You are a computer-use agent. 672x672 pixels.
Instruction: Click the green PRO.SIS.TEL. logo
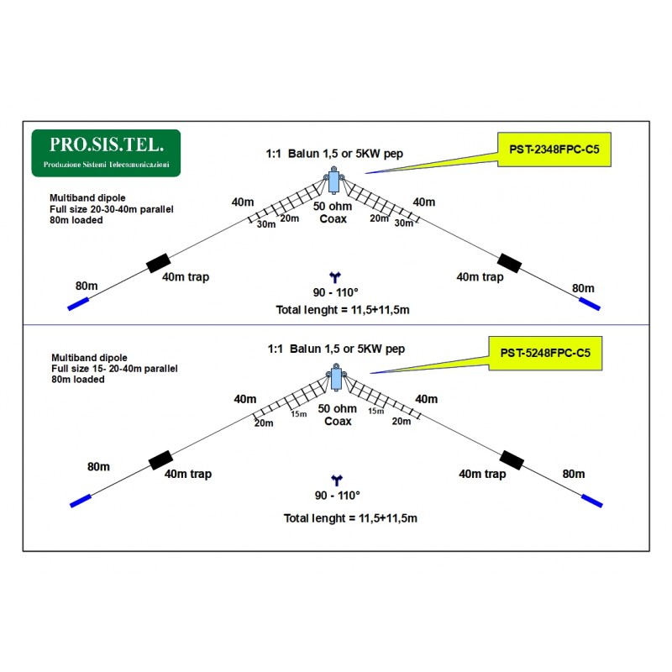click(x=106, y=153)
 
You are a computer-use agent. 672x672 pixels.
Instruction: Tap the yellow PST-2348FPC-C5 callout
click(x=554, y=150)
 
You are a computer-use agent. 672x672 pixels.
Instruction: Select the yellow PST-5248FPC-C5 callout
click(x=545, y=353)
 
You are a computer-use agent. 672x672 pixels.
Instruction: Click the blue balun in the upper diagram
click(x=333, y=181)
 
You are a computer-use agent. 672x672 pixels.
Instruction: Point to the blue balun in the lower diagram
click(x=336, y=377)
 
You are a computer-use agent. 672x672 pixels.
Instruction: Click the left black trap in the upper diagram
click(x=159, y=263)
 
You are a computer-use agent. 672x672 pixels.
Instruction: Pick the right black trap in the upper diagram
click(x=510, y=263)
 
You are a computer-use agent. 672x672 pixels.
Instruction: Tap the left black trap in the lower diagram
click(x=160, y=460)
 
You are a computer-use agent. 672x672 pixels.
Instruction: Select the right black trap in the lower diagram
click(x=512, y=460)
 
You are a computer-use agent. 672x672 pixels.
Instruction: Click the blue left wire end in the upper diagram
click(x=78, y=304)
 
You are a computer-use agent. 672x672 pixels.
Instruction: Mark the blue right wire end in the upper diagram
click(x=590, y=304)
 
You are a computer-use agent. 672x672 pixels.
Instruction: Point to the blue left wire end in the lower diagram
click(x=81, y=501)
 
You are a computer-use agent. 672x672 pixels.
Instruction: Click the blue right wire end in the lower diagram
click(x=592, y=501)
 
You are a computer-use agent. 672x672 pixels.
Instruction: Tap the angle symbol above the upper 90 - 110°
click(x=334, y=277)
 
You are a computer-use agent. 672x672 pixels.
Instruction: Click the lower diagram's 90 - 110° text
click(x=338, y=496)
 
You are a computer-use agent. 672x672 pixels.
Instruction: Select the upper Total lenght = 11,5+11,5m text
click(x=343, y=310)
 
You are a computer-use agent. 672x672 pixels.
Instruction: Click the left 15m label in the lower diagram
click(x=299, y=414)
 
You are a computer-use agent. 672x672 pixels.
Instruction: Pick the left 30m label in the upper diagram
click(x=266, y=224)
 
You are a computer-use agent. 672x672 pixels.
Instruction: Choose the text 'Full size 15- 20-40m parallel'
click(x=114, y=369)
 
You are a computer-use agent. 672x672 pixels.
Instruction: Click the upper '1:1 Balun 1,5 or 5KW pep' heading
click(x=334, y=154)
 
